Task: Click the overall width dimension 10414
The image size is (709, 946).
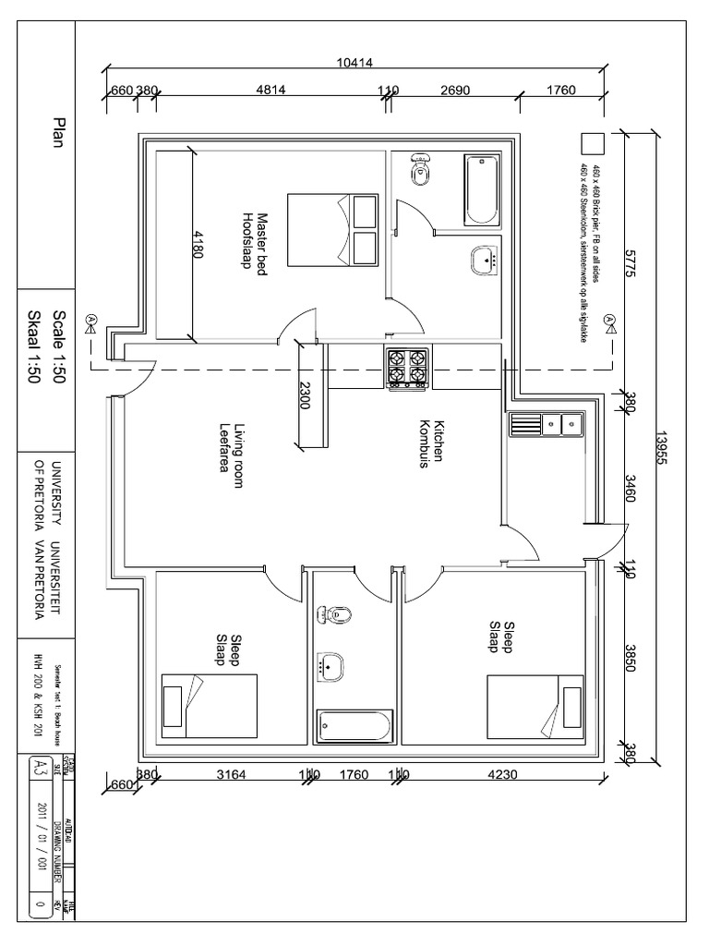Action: click(x=354, y=62)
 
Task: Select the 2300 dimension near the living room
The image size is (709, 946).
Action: click(x=306, y=395)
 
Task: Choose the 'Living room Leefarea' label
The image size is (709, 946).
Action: click(x=230, y=448)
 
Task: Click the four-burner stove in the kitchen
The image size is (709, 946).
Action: click(x=406, y=368)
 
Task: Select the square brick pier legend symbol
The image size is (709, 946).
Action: click(x=592, y=143)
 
